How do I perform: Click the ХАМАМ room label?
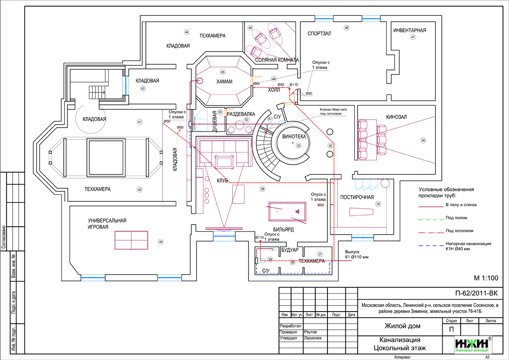(x=224, y=82)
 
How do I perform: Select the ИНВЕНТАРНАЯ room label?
(x=409, y=31)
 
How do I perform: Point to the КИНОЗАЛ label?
(x=396, y=117)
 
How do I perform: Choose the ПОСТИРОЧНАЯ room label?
(x=357, y=197)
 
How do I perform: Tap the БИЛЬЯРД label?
(x=283, y=229)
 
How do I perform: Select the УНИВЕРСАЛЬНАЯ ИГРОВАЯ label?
(x=107, y=224)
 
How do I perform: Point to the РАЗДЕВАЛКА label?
(x=240, y=114)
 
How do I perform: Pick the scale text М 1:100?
(x=486, y=278)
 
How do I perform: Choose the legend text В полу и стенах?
(x=461, y=205)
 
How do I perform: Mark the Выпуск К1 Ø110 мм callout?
(x=356, y=255)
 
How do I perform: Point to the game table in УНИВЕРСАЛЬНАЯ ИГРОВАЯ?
(x=131, y=240)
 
